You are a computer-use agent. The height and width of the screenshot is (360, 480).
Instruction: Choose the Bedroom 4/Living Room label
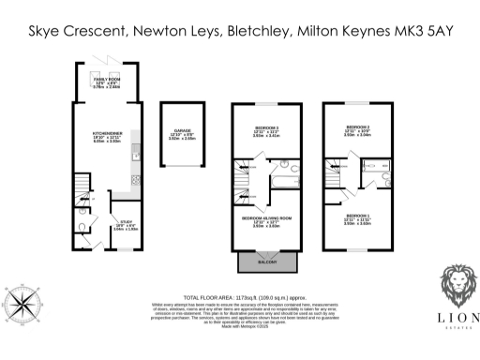[267, 221]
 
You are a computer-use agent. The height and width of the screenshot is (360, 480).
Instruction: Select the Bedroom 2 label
[359, 129]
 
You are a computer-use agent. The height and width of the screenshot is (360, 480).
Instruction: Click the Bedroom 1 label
[358, 220]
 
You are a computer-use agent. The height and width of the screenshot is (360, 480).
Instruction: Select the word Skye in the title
[48, 32]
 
